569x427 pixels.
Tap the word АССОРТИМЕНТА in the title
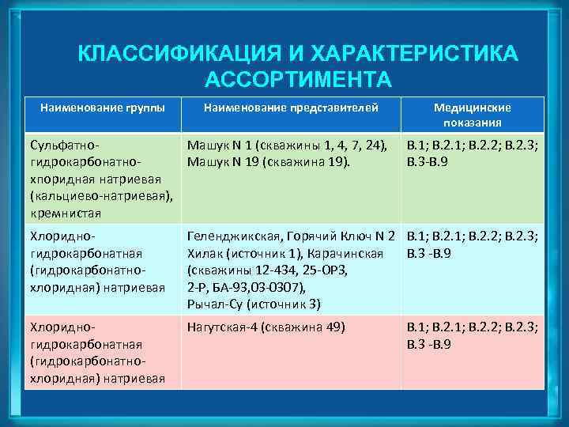click(297, 79)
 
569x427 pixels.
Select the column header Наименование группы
click(96, 107)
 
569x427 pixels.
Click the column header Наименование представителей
click(291, 107)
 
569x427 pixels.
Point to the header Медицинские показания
click(472, 115)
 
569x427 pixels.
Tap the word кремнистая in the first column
click(61, 213)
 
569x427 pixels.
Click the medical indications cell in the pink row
click(472, 335)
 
